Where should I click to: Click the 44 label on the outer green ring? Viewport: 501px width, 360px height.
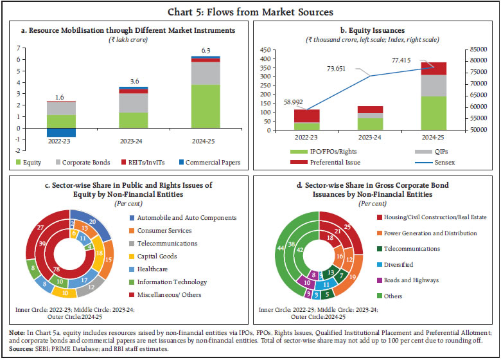tap(280, 249)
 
